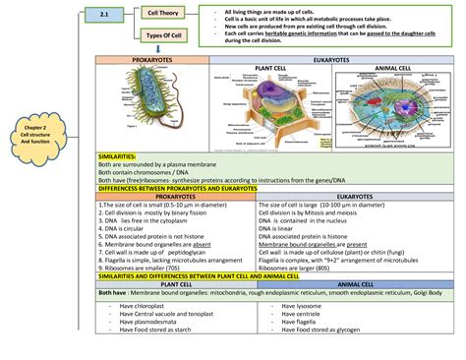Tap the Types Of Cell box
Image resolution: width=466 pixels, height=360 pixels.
click(163, 38)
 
